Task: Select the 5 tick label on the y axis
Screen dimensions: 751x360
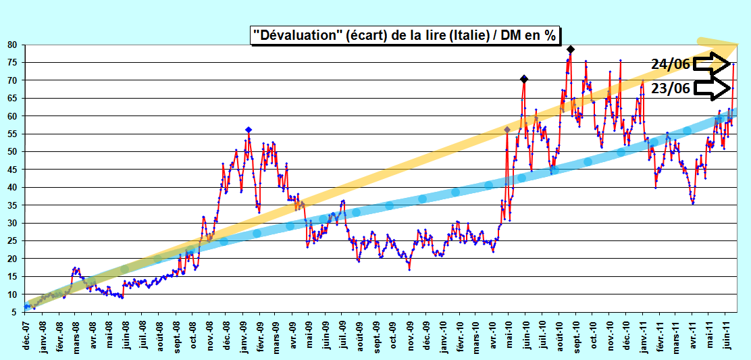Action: click(15, 312)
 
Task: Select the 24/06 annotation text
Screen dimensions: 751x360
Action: click(671, 64)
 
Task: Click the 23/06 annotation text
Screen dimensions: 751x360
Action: click(671, 88)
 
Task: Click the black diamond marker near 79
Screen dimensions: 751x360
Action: click(571, 49)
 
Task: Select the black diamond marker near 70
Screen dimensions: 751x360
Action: click(524, 80)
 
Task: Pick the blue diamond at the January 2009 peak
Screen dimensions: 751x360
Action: click(248, 130)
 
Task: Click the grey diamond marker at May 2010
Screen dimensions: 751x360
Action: click(507, 130)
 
